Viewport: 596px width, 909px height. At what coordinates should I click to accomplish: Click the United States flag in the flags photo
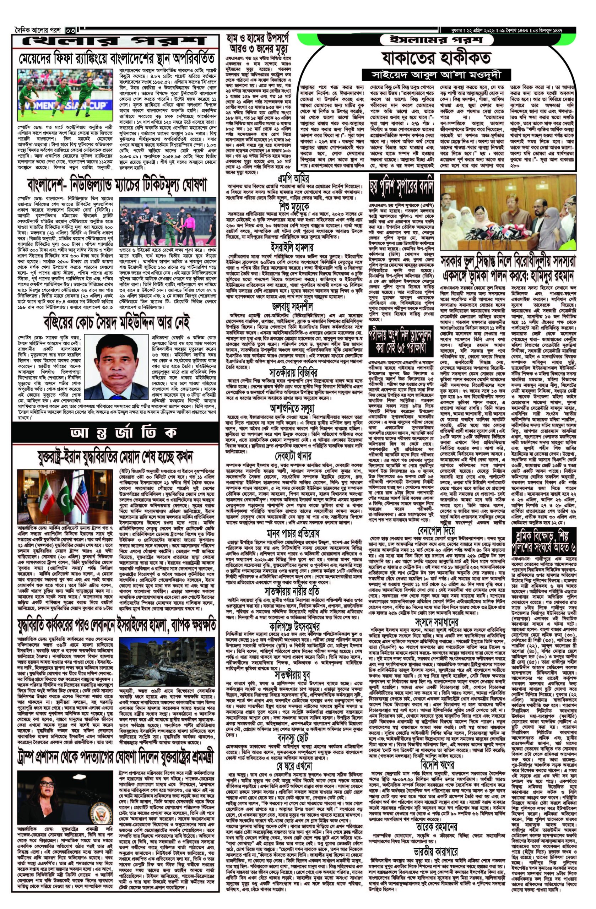81,496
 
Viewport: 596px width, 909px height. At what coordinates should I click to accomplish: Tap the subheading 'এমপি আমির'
293,179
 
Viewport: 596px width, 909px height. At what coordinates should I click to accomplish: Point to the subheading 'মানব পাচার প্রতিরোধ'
293,533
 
